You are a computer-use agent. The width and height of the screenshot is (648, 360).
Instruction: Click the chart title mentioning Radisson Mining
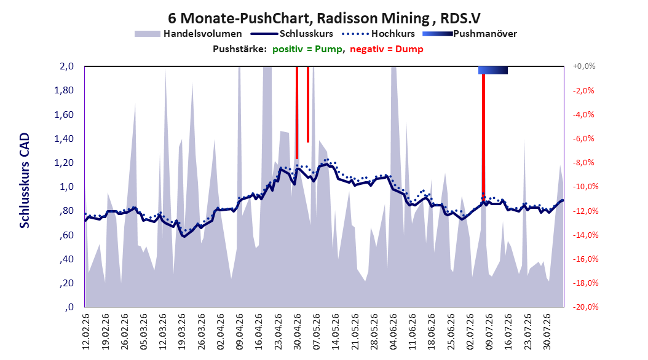[x=324, y=18]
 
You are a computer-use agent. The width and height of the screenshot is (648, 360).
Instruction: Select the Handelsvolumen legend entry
[x=189, y=34]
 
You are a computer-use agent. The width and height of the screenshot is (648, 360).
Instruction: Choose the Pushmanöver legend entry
[x=470, y=34]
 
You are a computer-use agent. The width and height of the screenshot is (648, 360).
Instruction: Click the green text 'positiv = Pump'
[x=307, y=49]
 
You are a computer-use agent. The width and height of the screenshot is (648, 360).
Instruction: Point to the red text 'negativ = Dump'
[x=387, y=49]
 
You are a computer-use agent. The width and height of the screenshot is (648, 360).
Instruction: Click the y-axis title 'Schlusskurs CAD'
[x=25, y=181]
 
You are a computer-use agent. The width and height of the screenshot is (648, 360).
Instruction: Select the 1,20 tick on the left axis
[x=64, y=163]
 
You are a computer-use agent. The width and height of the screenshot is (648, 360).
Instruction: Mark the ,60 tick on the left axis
[x=66, y=235]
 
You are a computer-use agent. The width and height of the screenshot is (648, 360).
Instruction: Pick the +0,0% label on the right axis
[x=584, y=66]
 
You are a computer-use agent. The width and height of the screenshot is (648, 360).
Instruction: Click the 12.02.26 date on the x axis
[x=86, y=332]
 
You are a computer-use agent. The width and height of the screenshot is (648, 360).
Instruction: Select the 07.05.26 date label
[x=317, y=332]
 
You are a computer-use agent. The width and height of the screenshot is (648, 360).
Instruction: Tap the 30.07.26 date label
[x=547, y=332]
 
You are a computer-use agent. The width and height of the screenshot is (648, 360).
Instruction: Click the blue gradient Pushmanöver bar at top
[x=493, y=70]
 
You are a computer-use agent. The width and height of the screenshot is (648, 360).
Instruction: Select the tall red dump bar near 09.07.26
[x=483, y=133]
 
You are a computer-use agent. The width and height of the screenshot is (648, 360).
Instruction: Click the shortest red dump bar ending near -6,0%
[x=308, y=104]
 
